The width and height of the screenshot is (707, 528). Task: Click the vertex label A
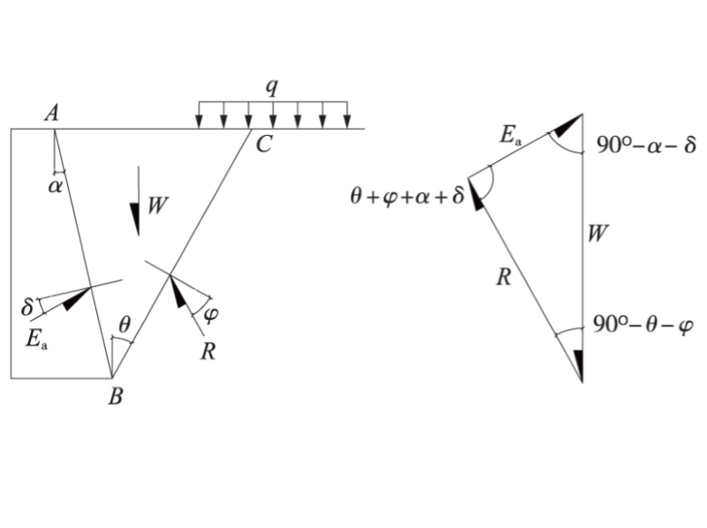52,113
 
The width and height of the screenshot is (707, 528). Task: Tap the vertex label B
114,396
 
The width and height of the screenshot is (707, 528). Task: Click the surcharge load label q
270,89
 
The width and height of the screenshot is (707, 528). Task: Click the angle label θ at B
125,322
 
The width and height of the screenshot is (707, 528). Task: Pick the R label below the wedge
208,350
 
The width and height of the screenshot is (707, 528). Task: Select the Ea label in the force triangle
512,137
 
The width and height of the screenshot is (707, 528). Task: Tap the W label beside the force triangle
596,235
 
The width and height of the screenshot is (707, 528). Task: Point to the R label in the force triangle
504,277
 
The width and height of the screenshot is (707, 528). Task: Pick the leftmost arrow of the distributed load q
199,120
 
